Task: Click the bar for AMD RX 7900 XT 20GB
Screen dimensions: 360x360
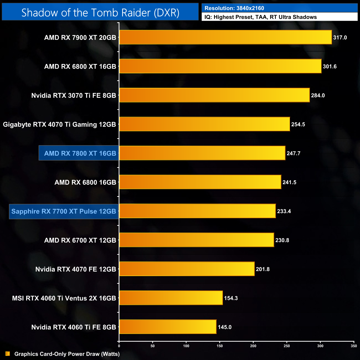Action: point(225,37)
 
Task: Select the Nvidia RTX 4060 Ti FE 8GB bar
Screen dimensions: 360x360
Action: point(168,327)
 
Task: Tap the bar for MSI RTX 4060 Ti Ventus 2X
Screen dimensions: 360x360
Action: point(171,298)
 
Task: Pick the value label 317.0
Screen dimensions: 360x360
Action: point(340,38)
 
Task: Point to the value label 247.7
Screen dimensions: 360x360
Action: point(293,153)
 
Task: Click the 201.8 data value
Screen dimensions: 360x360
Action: point(263,269)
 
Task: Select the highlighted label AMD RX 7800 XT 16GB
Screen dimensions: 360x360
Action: point(80,153)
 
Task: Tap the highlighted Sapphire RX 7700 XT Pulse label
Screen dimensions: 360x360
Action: point(64,212)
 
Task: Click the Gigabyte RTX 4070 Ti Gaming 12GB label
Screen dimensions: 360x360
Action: point(60,125)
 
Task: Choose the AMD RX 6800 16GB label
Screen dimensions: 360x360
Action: point(85,182)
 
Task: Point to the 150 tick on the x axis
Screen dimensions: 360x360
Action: point(220,346)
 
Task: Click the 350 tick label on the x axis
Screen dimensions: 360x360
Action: point(354,346)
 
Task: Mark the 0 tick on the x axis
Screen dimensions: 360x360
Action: point(119,346)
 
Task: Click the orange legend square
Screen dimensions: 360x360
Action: point(8,354)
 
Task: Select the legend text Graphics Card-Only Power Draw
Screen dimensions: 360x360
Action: point(67,354)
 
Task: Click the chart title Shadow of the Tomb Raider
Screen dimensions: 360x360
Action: point(100,12)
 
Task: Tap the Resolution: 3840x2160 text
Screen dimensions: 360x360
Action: point(234,8)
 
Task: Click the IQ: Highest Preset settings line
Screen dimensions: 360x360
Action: point(261,17)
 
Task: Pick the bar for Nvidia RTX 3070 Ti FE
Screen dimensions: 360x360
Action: point(214,95)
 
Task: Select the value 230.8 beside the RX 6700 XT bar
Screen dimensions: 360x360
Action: point(282,240)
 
